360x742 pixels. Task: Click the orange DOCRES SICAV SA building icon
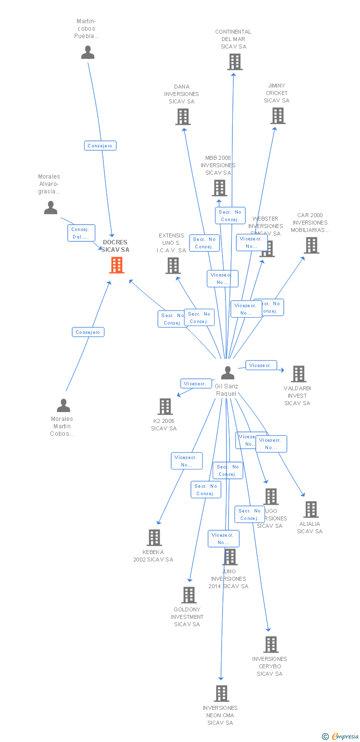point(117,265)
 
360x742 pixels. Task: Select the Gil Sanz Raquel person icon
point(227,372)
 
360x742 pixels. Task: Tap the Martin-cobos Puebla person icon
point(88,52)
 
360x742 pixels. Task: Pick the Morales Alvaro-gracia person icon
point(50,208)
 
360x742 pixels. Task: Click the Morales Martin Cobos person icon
point(63,406)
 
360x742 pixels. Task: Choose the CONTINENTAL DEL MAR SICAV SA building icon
point(235,62)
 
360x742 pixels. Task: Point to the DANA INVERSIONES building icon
point(183,117)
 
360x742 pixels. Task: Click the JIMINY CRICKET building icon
point(278,116)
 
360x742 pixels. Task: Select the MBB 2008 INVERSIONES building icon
point(220,188)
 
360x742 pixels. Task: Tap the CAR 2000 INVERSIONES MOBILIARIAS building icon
point(311,245)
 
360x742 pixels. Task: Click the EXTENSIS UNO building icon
point(173,266)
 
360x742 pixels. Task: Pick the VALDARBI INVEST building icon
point(298,374)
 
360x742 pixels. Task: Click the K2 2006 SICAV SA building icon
point(165,407)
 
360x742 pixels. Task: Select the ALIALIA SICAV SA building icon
point(311,509)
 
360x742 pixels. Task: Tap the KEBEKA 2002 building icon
point(154,538)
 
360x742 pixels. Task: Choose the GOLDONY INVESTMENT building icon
point(189,595)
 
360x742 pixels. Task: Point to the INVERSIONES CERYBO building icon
point(270,645)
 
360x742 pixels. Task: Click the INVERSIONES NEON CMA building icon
point(221,694)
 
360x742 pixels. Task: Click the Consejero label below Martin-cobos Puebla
point(100,145)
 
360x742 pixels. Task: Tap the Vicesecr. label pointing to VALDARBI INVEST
point(261,365)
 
